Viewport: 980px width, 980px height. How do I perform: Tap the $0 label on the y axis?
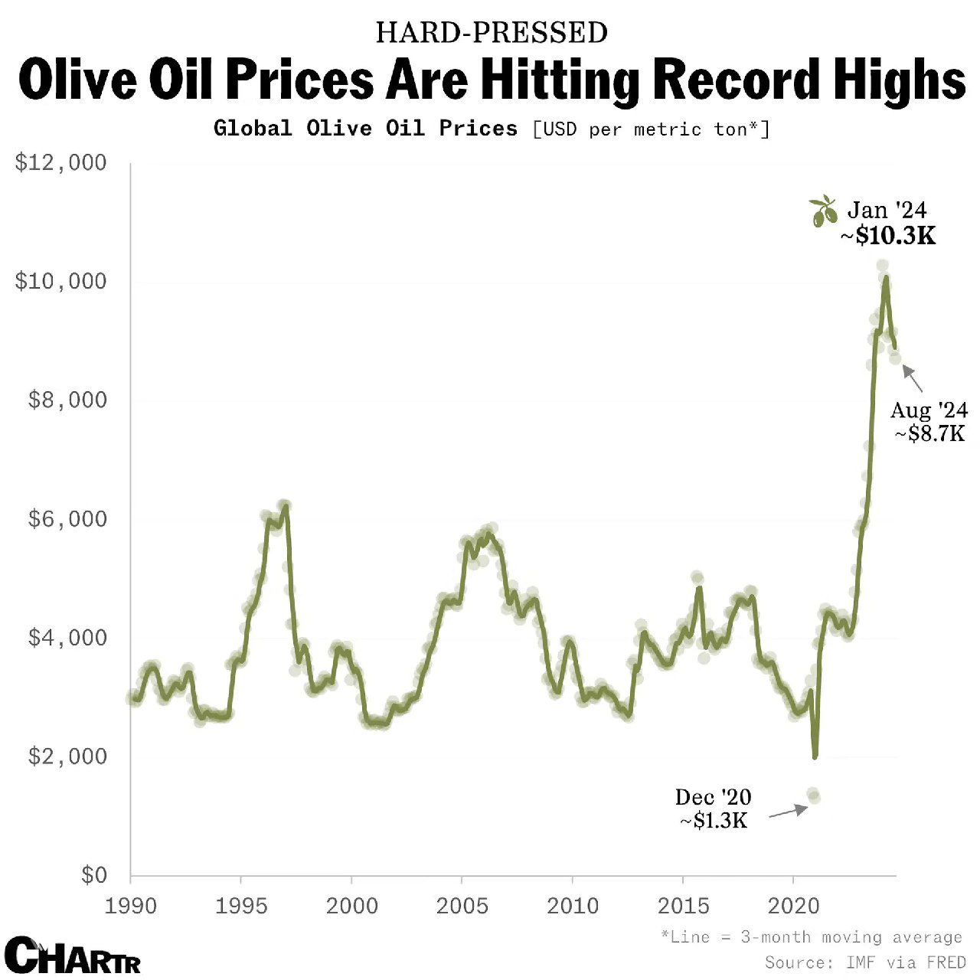[x=94, y=875]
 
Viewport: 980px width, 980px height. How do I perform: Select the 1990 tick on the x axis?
[x=131, y=906]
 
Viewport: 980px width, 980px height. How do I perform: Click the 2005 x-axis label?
[x=462, y=906]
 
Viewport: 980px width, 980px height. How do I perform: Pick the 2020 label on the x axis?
[x=793, y=906]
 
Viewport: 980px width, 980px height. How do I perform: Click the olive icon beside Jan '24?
[x=823, y=211]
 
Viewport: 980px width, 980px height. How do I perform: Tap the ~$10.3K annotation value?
[x=888, y=236]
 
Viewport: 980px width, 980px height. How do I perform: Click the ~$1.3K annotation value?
[x=714, y=821]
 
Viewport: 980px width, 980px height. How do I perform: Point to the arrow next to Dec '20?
[x=788, y=812]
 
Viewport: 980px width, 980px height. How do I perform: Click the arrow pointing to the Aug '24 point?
[x=913, y=378]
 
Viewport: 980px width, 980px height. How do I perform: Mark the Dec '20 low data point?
[x=813, y=795]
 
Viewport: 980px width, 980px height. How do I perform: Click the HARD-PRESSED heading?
[x=492, y=33]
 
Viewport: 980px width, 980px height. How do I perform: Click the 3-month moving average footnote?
[x=812, y=937]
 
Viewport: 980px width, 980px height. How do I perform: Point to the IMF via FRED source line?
[x=865, y=962]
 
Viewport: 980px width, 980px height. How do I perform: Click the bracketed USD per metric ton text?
[x=651, y=129]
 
